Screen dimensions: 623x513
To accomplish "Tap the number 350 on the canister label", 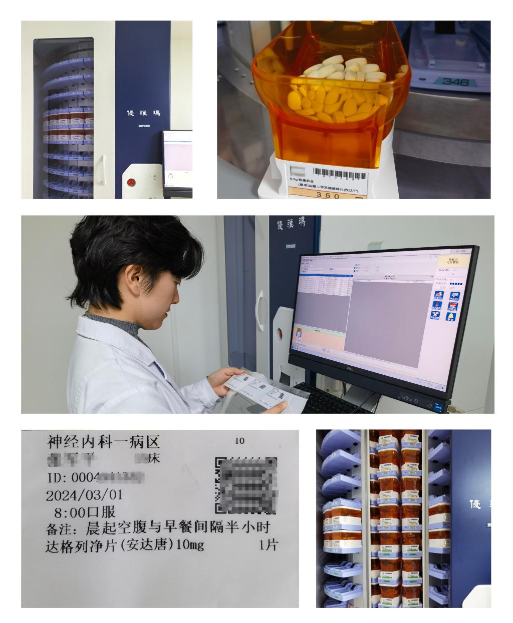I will [x=328, y=196].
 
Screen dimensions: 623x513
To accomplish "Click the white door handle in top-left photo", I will [x=104, y=169].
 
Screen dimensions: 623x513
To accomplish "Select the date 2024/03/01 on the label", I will [x=84, y=495].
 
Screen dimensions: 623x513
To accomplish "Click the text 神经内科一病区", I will [x=103, y=442].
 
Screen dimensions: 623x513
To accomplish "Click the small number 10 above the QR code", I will [x=239, y=441].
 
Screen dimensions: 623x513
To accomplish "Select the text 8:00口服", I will [x=85, y=511].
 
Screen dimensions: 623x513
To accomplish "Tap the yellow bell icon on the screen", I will [x=450, y=316].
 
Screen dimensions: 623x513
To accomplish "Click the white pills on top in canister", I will [x=346, y=69].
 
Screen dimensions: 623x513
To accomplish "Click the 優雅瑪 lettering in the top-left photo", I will [x=143, y=114].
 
